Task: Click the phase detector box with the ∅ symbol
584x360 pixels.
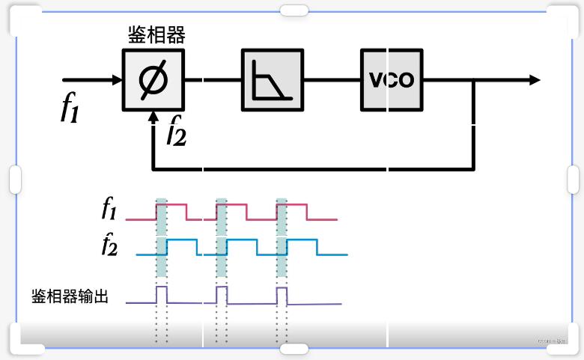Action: pyautogui.click(x=153, y=79)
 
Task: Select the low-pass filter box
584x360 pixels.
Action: pyautogui.click(x=273, y=79)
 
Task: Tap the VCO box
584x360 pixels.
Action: pyautogui.click(x=391, y=79)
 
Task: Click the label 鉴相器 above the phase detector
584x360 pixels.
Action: pyautogui.click(x=156, y=34)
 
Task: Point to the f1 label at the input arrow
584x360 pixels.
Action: pyautogui.click(x=70, y=109)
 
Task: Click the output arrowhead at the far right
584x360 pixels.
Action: pyautogui.click(x=533, y=79)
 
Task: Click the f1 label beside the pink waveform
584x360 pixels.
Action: pyautogui.click(x=111, y=209)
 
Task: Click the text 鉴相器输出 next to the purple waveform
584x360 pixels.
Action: pyautogui.click(x=70, y=296)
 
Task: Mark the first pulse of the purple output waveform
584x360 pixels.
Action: pyautogui.click(x=161, y=293)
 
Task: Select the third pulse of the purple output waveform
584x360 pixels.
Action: pyautogui.click(x=282, y=293)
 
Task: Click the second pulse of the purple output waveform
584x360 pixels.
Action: pyautogui.click(x=221, y=293)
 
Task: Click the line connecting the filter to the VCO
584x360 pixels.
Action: pyautogui.click(x=332, y=79)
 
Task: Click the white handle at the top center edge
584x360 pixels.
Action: pyautogui.click(x=293, y=10)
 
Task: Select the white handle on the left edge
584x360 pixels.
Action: pyautogui.click(x=15, y=180)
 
